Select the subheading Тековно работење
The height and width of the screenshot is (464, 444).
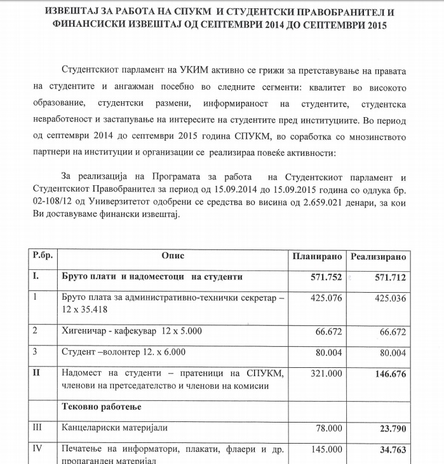[101, 405]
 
